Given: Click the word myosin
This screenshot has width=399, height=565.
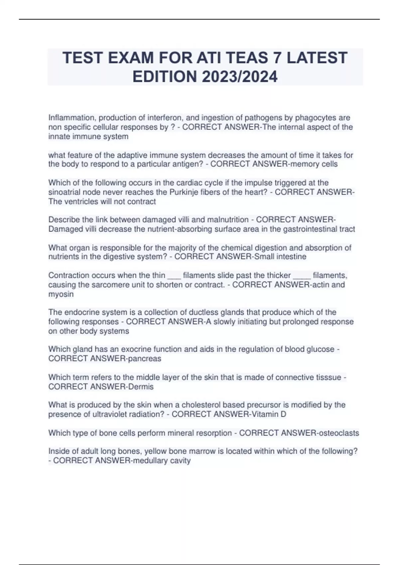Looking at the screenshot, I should [61, 294].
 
